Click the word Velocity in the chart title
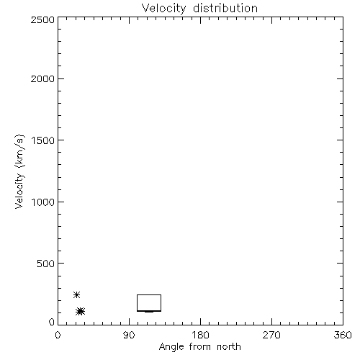(x=163, y=9)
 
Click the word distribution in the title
(x=225, y=8)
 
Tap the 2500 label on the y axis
(x=42, y=19)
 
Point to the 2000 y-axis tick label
(x=42, y=78)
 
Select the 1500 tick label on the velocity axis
(x=43, y=140)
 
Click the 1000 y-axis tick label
(x=43, y=202)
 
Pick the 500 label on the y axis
(x=46, y=264)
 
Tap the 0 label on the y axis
(x=52, y=322)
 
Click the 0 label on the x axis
(x=58, y=335)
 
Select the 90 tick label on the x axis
(x=129, y=335)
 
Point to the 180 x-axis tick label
(x=200, y=335)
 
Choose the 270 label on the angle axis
(x=271, y=335)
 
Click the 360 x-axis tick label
(x=343, y=335)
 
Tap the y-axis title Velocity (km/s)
(x=19, y=171)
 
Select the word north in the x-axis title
(x=229, y=347)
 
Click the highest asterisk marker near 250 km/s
(x=76, y=294)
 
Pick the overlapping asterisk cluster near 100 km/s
(x=80, y=312)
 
